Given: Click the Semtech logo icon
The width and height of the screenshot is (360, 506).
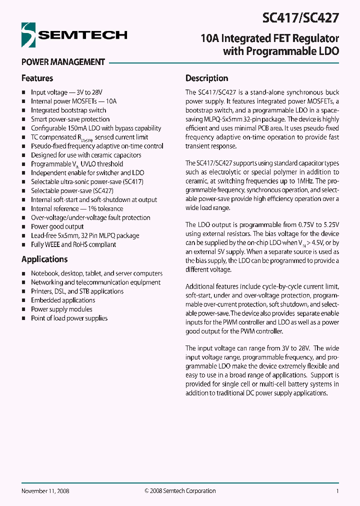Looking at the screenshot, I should click(28, 35).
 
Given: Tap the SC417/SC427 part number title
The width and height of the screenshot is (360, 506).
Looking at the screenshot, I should click(300, 18).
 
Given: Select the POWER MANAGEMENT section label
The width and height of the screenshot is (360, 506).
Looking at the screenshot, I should click(63, 62).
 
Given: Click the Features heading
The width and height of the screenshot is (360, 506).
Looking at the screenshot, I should click(37, 78).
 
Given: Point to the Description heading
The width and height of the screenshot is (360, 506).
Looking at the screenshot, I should click(206, 78).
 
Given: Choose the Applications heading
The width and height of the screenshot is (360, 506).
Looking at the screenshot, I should click(44, 259).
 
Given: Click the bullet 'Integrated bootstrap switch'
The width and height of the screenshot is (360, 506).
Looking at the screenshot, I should click(68, 110).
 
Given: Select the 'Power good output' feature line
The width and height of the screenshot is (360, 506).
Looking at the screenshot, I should click(57, 226).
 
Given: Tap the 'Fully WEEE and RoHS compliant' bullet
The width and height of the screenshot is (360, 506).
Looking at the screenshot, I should click(73, 244).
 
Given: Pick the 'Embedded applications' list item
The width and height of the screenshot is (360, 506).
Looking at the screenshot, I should click(63, 300).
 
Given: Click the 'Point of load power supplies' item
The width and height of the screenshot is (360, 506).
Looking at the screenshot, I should click(69, 318).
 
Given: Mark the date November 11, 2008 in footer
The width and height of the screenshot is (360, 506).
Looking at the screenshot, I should click(45, 491).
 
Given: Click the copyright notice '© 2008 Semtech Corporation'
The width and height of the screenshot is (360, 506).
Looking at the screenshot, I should click(180, 491).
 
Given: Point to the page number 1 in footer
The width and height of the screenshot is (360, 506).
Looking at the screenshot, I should click(337, 491).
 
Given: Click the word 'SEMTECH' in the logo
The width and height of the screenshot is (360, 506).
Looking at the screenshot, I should click(83, 35).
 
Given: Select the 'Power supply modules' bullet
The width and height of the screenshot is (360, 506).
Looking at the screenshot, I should click(61, 309).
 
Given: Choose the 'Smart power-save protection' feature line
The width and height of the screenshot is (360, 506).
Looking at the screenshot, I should click(70, 119).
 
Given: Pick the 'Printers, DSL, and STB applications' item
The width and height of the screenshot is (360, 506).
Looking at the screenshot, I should click(77, 291).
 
